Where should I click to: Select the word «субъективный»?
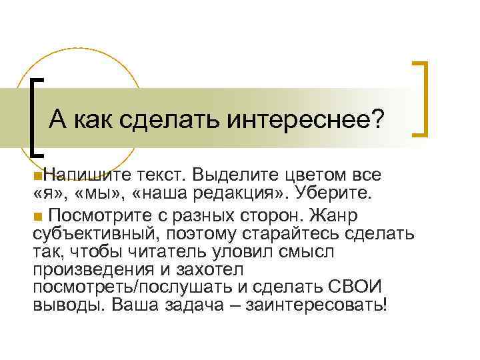pyautogui.click(x=91, y=235)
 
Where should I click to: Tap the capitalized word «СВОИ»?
pyautogui.click(x=357, y=288)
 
